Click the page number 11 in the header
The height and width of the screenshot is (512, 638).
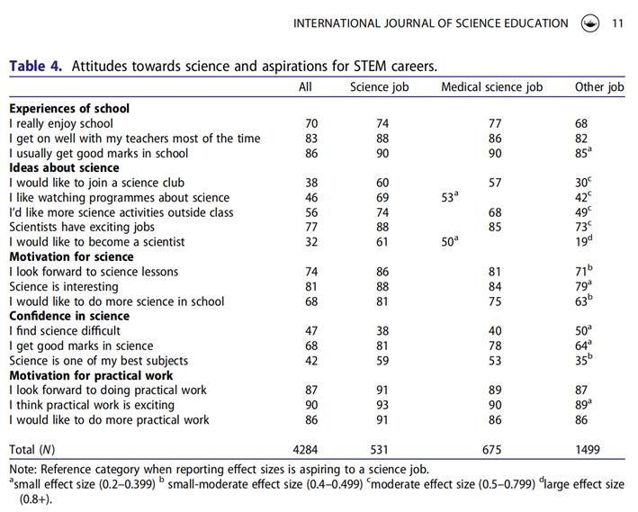[616, 23]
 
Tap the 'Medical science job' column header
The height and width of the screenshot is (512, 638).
[491, 87]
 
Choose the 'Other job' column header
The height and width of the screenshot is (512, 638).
[599, 87]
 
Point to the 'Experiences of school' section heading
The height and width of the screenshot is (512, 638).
[69, 109]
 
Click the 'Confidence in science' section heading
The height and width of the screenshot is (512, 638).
[69, 317]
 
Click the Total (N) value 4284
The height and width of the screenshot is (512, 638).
[306, 449]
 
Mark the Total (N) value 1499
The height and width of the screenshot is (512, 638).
[587, 449]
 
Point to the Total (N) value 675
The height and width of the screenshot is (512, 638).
[492, 449]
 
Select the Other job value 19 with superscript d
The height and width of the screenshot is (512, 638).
[583, 241]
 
